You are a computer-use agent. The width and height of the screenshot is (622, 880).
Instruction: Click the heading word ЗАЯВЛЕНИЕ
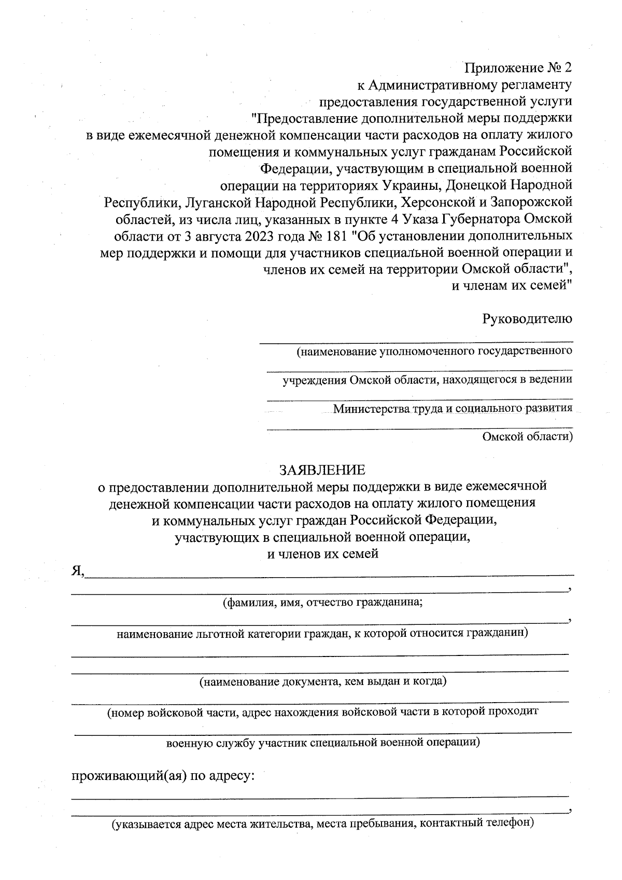coord(322,470)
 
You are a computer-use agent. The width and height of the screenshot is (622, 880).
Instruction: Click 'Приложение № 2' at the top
coord(518,68)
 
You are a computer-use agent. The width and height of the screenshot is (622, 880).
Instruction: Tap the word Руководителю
coord(527,318)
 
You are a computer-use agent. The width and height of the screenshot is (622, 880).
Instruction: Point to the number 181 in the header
coord(339,236)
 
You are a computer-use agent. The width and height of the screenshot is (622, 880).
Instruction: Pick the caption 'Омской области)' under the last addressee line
coord(527,437)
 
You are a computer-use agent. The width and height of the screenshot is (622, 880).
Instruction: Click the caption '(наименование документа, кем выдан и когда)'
coord(323,681)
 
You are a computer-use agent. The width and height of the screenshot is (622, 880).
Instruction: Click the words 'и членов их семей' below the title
coord(322,554)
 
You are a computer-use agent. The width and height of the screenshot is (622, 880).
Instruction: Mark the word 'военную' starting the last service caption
coord(186,742)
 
